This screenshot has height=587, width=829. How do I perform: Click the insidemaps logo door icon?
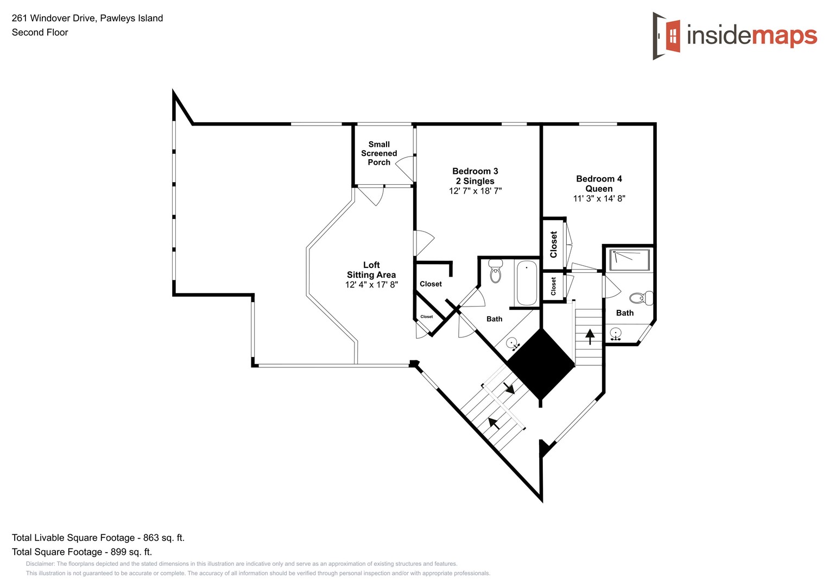point(667,36)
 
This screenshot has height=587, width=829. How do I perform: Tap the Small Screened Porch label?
point(379,153)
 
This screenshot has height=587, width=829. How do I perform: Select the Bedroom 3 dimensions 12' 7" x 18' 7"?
point(475,191)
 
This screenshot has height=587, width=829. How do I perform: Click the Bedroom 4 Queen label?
point(599,184)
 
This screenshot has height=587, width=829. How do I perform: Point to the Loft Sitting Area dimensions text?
point(371,284)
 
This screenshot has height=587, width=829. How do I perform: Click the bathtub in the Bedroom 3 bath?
point(526,283)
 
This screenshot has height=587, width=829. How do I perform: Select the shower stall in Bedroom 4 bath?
point(629,260)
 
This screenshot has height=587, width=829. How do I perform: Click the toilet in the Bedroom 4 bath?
point(641,298)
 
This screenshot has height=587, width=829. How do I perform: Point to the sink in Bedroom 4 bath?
point(616,333)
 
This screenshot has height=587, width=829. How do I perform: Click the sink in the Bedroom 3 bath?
point(512,344)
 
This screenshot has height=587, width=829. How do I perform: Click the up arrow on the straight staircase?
point(590,336)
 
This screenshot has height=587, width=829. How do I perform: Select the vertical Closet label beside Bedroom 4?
point(554,244)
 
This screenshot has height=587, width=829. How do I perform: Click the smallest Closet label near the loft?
point(427,316)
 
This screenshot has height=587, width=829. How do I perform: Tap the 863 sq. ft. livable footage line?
point(98,538)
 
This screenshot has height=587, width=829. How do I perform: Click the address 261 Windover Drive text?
point(87,18)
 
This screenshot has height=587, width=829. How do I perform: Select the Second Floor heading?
point(40,32)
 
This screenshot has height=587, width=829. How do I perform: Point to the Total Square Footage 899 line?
point(82,552)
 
